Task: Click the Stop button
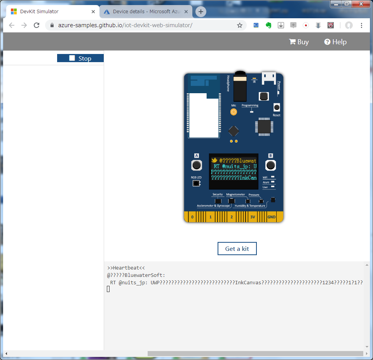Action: coord(80,58)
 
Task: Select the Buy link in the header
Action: coord(299,42)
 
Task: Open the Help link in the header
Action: coord(335,42)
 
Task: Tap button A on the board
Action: coord(197,165)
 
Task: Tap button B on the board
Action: coord(270,165)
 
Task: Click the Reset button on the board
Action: coord(277,108)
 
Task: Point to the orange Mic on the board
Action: coord(234,112)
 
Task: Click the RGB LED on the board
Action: coord(196,183)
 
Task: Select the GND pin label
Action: coord(271,217)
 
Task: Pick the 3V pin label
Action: coord(253,217)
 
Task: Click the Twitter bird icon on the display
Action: coord(214,160)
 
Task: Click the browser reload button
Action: coord(37,25)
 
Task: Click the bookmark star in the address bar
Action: coord(240,25)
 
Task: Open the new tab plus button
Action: coord(200,12)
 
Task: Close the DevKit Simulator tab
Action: coord(93,12)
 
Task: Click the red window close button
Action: coord(361,4)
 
